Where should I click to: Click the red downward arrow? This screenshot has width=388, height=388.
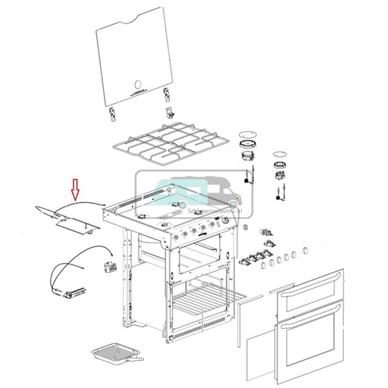(75, 189)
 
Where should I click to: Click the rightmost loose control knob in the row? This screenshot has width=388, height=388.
(305, 249)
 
